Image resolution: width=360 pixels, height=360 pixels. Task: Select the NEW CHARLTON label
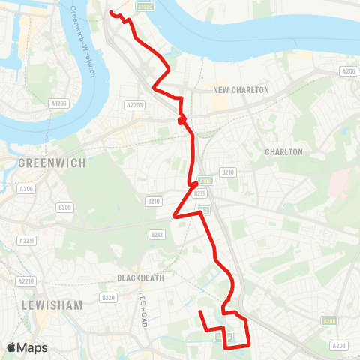click(x=241, y=90)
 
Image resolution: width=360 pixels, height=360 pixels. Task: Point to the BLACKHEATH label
click(x=140, y=277)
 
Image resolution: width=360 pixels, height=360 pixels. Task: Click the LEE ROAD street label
click(x=141, y=307)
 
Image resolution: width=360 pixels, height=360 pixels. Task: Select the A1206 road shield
click(x=58, y=103)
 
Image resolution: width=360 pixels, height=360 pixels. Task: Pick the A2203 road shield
click(x=135, y=105)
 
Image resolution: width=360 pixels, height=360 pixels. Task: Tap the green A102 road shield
click(x=206, y=181)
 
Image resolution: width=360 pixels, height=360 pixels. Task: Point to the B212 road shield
click(x=157, y=235)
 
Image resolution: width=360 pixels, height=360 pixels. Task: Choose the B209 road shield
click(x=64, y=208)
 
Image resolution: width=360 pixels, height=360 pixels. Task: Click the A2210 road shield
click(x=25, y=281)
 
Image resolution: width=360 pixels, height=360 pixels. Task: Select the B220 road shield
click(x=109, y=298)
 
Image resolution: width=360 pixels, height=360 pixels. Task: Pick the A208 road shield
click(x=340, y=346)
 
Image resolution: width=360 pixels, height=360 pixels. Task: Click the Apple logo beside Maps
click(x=12, y=347)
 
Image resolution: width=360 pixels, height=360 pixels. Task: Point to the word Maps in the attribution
click(x=32, y=347)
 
